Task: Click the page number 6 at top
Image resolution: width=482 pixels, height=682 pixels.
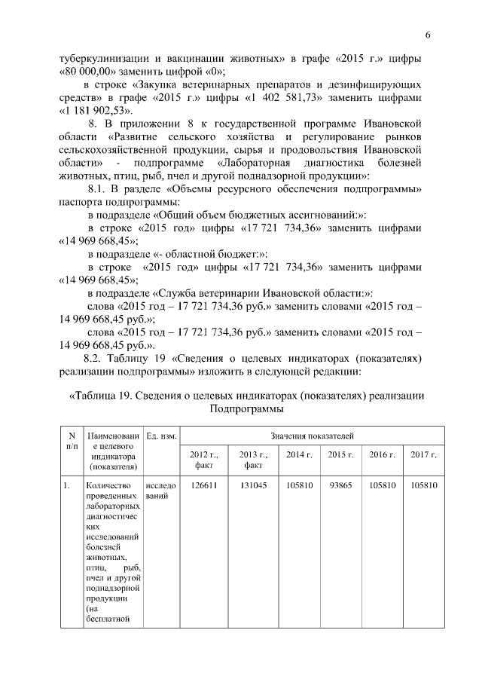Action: [427, 35]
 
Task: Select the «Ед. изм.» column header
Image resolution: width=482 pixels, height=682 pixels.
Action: [161, 436]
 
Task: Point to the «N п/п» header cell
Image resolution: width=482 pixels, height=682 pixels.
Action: [72, 441]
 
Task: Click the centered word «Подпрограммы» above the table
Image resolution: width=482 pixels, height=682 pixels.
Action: [246, 409]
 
